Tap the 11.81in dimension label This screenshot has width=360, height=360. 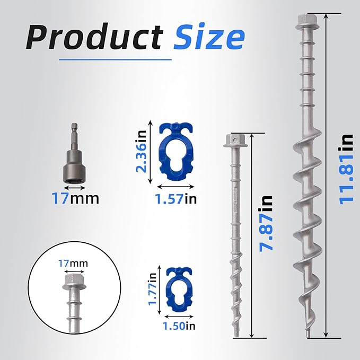[x=347, y=168]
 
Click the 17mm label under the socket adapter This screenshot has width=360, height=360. [x=75, y=199]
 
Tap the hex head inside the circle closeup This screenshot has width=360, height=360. [x=72, y=279]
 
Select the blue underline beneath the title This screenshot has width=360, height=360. [x=115, y=59]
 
